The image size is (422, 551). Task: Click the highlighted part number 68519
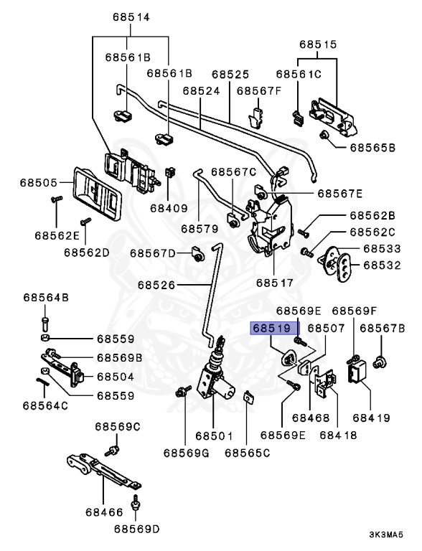coord(272,328)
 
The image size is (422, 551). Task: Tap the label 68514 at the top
coord(131,17)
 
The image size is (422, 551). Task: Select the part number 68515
coord(318,44)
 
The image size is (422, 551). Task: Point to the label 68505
coord(38,183)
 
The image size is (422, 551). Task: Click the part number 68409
coord(169,208)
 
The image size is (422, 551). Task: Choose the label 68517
coord(275,283)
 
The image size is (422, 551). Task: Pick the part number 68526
coord(156,285)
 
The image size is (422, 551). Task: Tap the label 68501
coord(214,435)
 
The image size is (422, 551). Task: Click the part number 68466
coord(104,512)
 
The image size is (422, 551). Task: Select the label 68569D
coord(137,529)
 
